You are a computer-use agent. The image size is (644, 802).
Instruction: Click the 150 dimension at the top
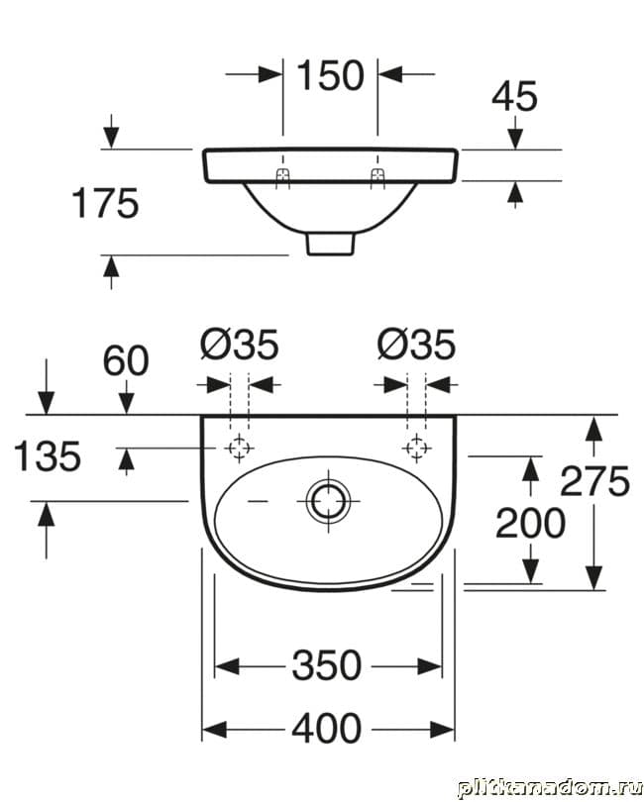point(331,75)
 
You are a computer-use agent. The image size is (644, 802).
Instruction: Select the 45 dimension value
point(514,96)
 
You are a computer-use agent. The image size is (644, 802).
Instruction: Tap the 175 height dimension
point(104,204)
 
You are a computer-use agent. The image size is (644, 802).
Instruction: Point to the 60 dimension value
point(126,361)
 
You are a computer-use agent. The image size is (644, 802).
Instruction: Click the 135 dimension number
point(46,457)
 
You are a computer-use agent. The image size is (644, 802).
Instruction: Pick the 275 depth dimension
point(594,481)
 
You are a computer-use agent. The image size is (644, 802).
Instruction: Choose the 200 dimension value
point(530,523)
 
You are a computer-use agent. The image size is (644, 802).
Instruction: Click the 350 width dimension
point(326,666)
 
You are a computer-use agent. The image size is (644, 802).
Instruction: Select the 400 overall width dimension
point(326,730)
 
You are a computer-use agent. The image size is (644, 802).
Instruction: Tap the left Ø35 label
point(239,346)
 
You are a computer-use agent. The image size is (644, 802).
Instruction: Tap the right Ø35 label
point(416,346)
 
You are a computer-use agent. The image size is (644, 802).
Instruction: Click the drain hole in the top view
point(326,500)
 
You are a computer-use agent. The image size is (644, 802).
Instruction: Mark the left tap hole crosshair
point(239,449)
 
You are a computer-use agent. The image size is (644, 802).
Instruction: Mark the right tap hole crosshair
point(416,449)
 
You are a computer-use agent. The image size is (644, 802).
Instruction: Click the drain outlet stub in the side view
point(330,244)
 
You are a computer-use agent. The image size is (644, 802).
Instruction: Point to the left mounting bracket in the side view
point(283,176)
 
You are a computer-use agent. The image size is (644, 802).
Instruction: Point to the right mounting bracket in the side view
point(377,176)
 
